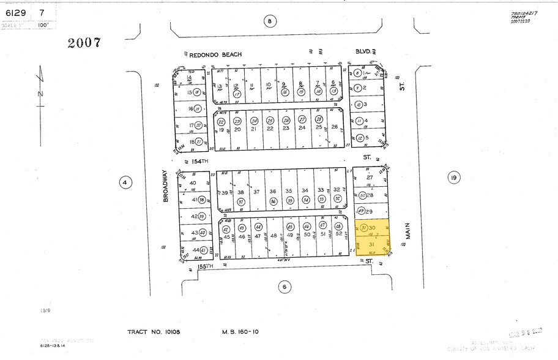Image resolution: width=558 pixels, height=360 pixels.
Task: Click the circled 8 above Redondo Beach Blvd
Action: pyautogui.click(x=269, y=21)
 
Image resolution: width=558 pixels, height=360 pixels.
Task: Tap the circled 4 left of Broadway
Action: pyautogui.click(x=125, y=182)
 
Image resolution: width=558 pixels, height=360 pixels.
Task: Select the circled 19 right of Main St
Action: pyautogui.click(x=453, y=178)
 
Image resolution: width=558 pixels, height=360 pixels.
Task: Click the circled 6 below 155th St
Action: pyautogui.click(x=283, y=286)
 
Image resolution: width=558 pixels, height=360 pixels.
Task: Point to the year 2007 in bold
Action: pyautogui.click(x=84, y=43)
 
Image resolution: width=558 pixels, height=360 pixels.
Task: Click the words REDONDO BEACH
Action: pyautogui.click(x=215, y=54)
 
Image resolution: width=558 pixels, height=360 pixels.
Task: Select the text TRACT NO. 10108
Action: pyautogui.click(x=154, y=332)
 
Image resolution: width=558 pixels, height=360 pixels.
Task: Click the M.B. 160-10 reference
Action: pyautogui.click(x=241, y=332)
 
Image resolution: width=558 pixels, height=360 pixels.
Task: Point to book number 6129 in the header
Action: pyautogui.click(x=13, y=12)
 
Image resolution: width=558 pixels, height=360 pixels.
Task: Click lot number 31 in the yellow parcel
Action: pyautogui.click(x=370, y=243)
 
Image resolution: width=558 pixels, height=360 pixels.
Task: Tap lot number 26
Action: pyautogui.click(x=334, y=127)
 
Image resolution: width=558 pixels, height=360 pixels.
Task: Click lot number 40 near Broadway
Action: pyautogui.click(x=193, y=183)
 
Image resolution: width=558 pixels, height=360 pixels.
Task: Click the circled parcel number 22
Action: pyautogui.click(x=221, y=121)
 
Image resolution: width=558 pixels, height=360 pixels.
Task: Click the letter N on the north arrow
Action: pyautogui.click(x=40, y=94)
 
